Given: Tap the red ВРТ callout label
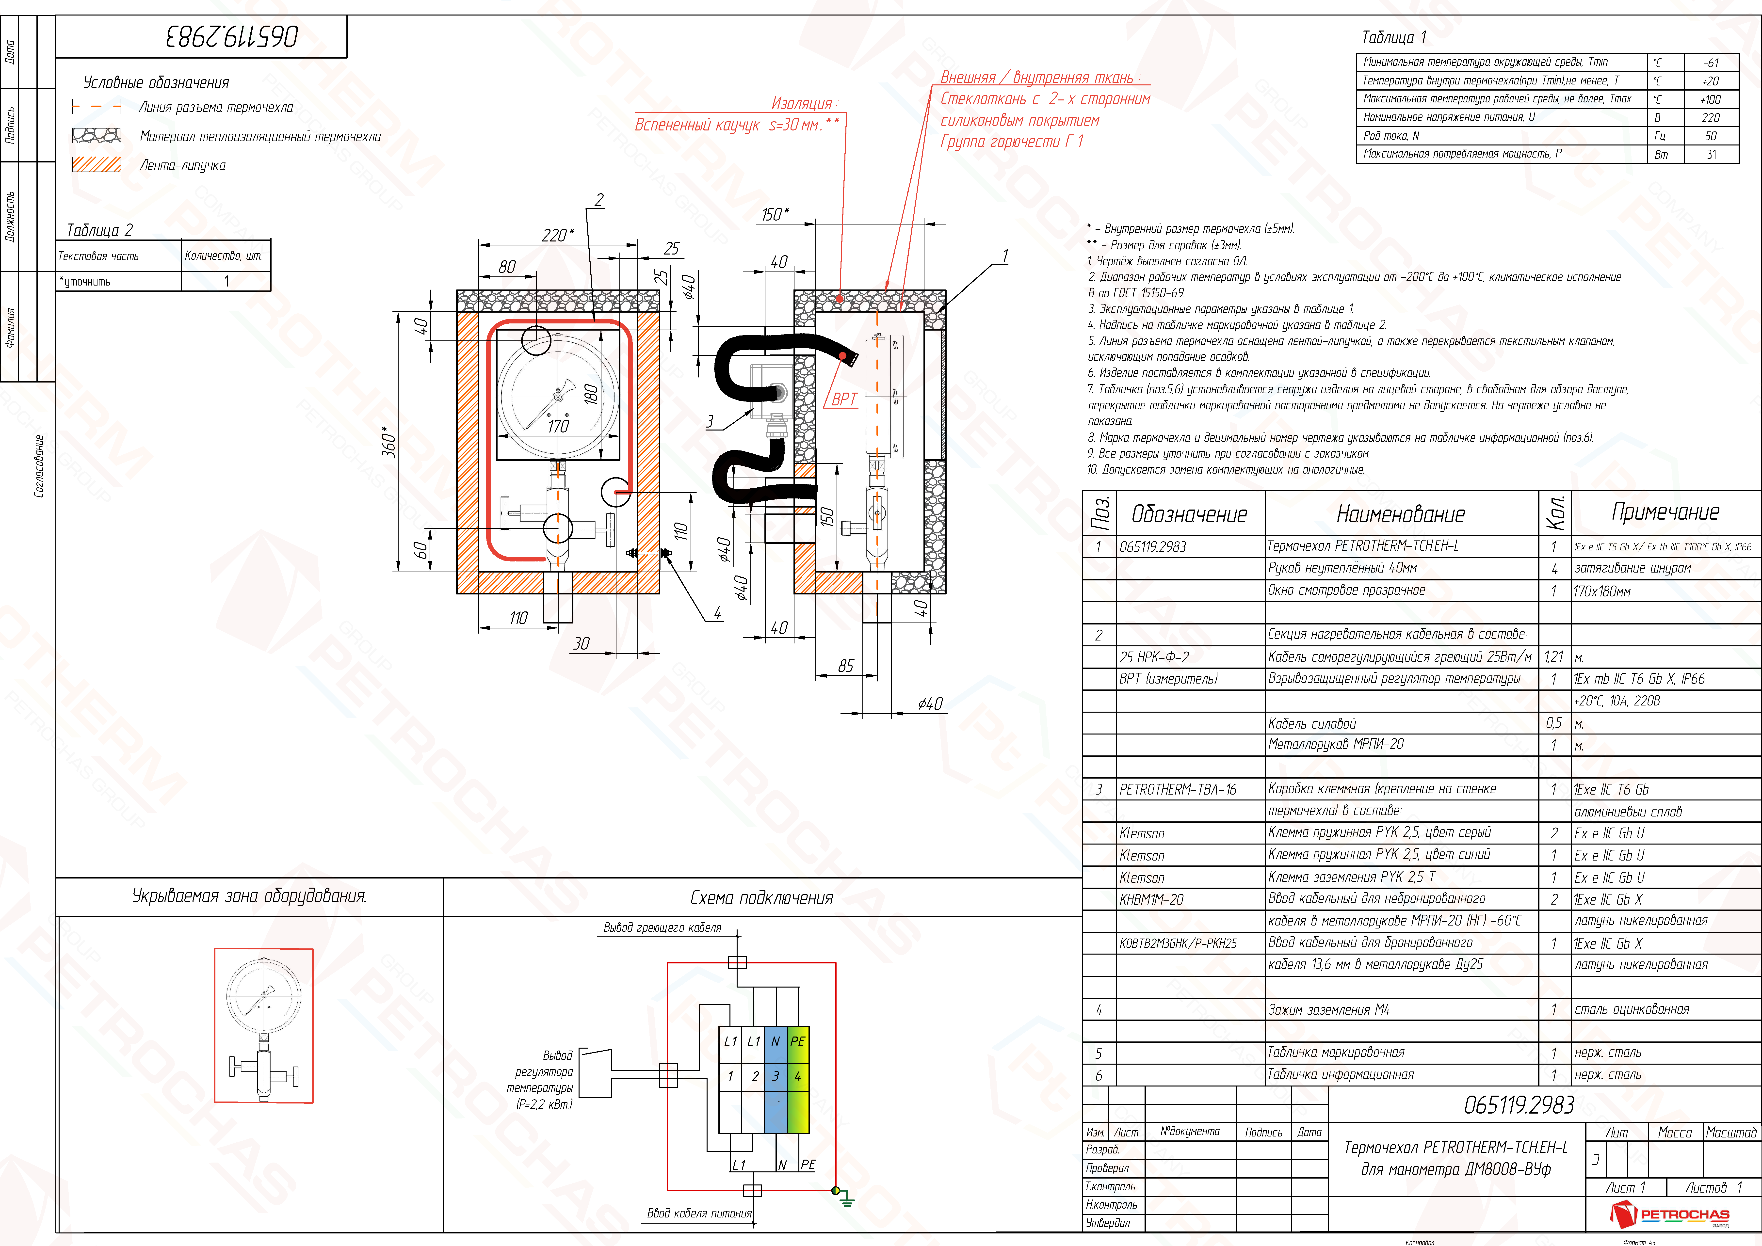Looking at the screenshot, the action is pyautogui.click(x=844, y=399).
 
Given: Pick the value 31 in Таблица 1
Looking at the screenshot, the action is pyautogui.click(x=1711, y=154).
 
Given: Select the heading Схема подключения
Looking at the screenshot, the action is pyautogui.click(x=761, y=898).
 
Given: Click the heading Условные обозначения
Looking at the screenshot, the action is pyautogui.click(x=156, y=82).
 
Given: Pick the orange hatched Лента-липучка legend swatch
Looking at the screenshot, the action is pyautogui.click(x=96, y=164).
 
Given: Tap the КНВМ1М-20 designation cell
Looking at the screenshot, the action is pyautogui.click(x=1151, y=899).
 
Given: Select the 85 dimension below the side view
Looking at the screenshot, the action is pyautogui.click(x=846, y=666).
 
